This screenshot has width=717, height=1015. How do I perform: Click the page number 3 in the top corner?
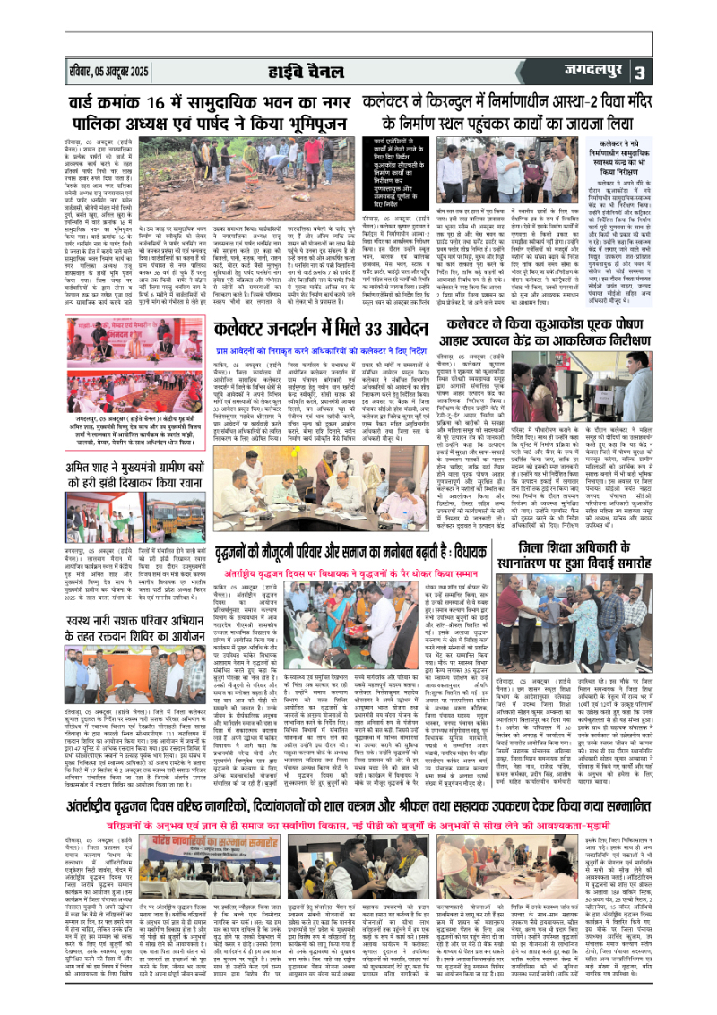click(689, 72)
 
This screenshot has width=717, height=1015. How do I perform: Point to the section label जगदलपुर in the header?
click(638, 71)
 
